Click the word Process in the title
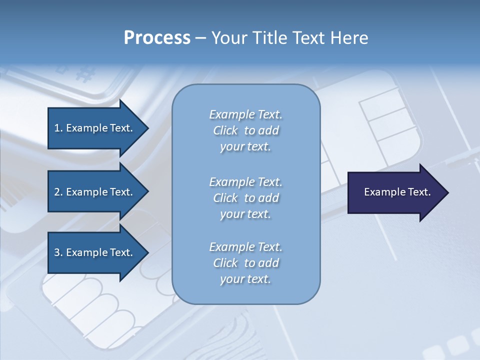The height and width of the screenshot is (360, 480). click(x=157, y=38)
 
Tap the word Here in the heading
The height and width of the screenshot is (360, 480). click(x=349, y=38)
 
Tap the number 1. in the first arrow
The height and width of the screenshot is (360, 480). click(x=58, y=128)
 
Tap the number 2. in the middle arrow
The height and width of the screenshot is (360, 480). click(x=58, y=192)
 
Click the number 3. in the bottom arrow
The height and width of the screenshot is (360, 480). click(x=58, y=252)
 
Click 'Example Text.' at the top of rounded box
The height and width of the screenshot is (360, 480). click(x=245, y=114)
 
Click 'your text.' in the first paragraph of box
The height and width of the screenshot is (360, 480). click(x=245, y=146)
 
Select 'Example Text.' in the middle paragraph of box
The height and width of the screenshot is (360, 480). click(x=245, y=181)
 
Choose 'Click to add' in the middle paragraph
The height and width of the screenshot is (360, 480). click(x=245, y=198)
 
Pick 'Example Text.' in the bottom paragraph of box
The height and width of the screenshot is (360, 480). click(x=245, y=247)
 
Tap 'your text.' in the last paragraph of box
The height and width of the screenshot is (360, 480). click(x=245, y=279)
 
